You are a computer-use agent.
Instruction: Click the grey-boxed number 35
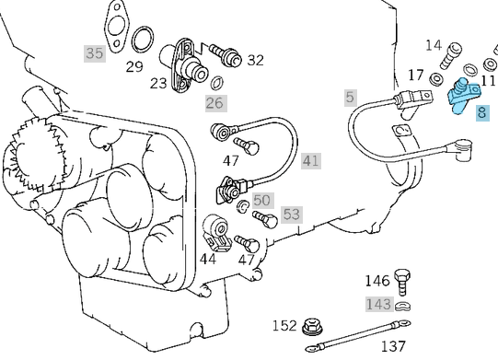95,53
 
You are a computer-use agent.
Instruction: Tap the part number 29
134,66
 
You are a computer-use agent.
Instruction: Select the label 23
159,82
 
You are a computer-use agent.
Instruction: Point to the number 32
255,60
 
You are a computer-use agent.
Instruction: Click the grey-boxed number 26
214,102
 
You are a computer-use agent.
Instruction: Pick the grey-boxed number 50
262,200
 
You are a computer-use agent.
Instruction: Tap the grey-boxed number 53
291,215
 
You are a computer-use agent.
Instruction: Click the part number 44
208,260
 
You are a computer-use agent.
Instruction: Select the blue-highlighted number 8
482,113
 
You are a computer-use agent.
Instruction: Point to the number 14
433,45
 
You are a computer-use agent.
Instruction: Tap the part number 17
416,75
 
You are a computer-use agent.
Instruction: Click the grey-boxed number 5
350,96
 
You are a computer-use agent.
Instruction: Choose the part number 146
377,281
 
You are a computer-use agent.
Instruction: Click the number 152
284,326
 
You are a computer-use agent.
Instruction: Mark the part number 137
393,346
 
